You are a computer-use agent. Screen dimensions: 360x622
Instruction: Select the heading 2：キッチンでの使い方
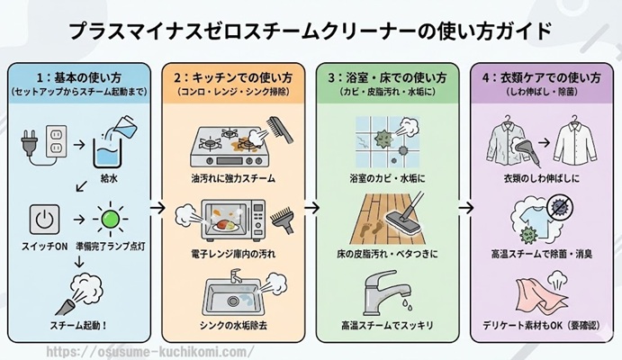(233, 76)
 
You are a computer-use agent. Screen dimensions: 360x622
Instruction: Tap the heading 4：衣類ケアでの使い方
(537, 76)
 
